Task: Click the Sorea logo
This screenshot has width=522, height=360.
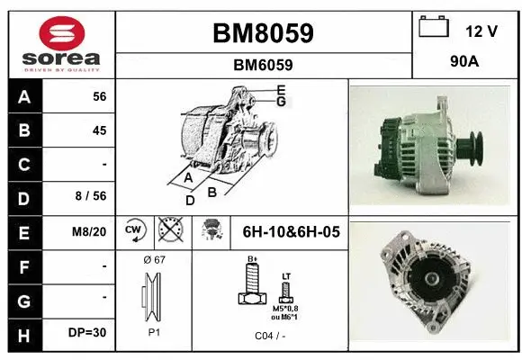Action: (62, 43)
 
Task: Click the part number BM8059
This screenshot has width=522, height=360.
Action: (263, 33)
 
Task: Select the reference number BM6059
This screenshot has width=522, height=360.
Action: (263, 65)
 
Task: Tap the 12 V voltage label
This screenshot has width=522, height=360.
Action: (481, 31)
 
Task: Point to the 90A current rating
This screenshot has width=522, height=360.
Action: (463, 64)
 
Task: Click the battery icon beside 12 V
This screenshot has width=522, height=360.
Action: (434, 28)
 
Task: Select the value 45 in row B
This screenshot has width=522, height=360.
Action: (99, 130)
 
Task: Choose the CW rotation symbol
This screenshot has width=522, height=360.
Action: (135, 231)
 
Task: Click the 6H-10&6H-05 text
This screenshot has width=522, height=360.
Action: (292, 231)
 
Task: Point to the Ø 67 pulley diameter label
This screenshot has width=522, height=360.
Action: (154, 259)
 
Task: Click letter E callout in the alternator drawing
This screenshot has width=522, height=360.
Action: (281, 90)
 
